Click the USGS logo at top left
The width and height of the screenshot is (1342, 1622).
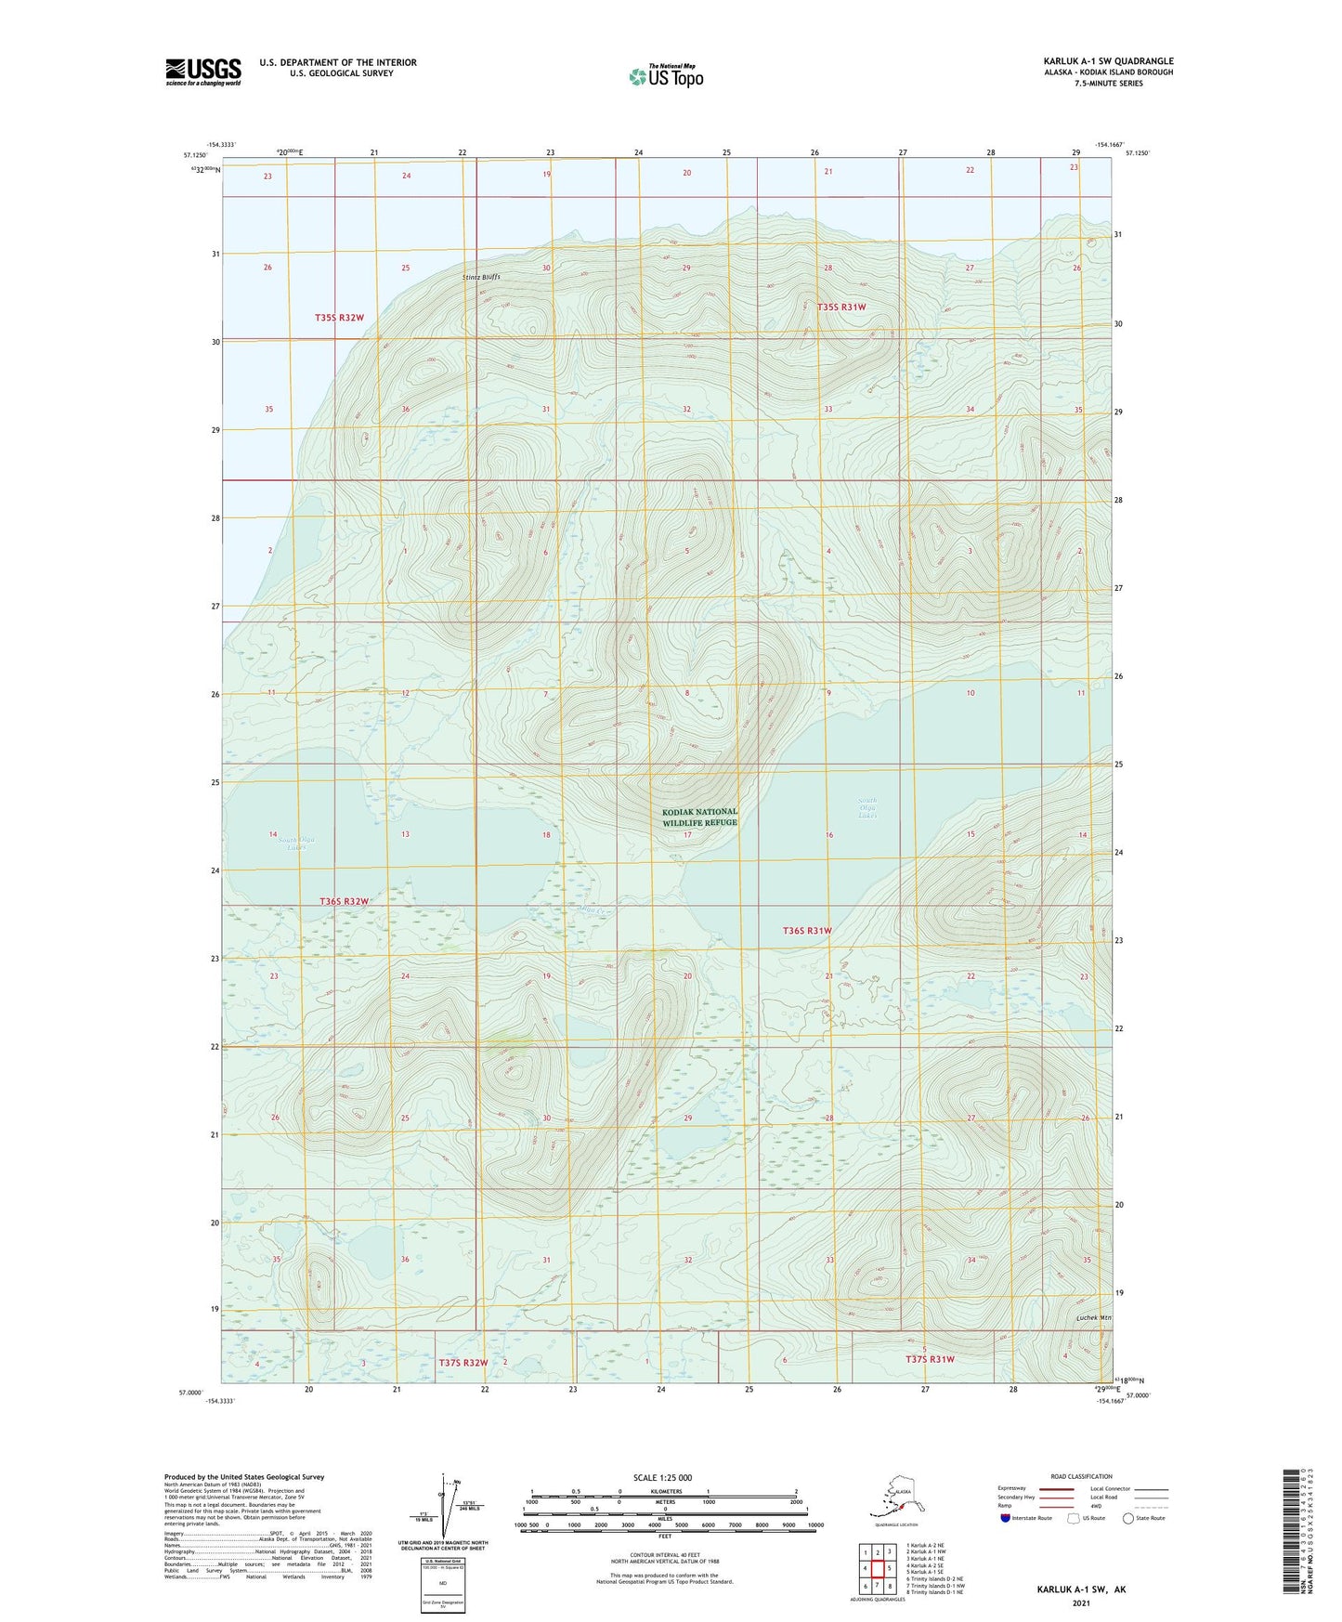click(202, 72)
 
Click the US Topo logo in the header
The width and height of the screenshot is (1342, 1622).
click(665, 76)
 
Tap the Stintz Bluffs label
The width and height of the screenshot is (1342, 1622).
click(481, 277)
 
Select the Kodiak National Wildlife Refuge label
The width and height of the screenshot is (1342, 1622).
click(699, 817)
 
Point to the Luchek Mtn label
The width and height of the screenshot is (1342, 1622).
click(1093, 1317)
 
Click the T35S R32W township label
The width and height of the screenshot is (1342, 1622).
click(339, 318)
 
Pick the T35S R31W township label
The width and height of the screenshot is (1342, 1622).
click(840, 307)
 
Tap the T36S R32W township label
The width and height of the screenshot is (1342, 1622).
click(344, 901)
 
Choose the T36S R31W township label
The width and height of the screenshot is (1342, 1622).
click(806, 930)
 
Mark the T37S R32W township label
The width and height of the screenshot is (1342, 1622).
click(463, 1363)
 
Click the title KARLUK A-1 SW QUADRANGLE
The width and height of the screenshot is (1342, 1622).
click(1108, 61)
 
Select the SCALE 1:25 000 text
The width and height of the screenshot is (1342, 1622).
click(663, 1477)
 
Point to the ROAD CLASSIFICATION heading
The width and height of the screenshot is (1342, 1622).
click(1081, 1476)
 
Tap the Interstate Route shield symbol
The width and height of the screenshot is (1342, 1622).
click(1005, 1518)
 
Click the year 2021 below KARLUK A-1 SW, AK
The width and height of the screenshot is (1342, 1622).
click(1080, 1602)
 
